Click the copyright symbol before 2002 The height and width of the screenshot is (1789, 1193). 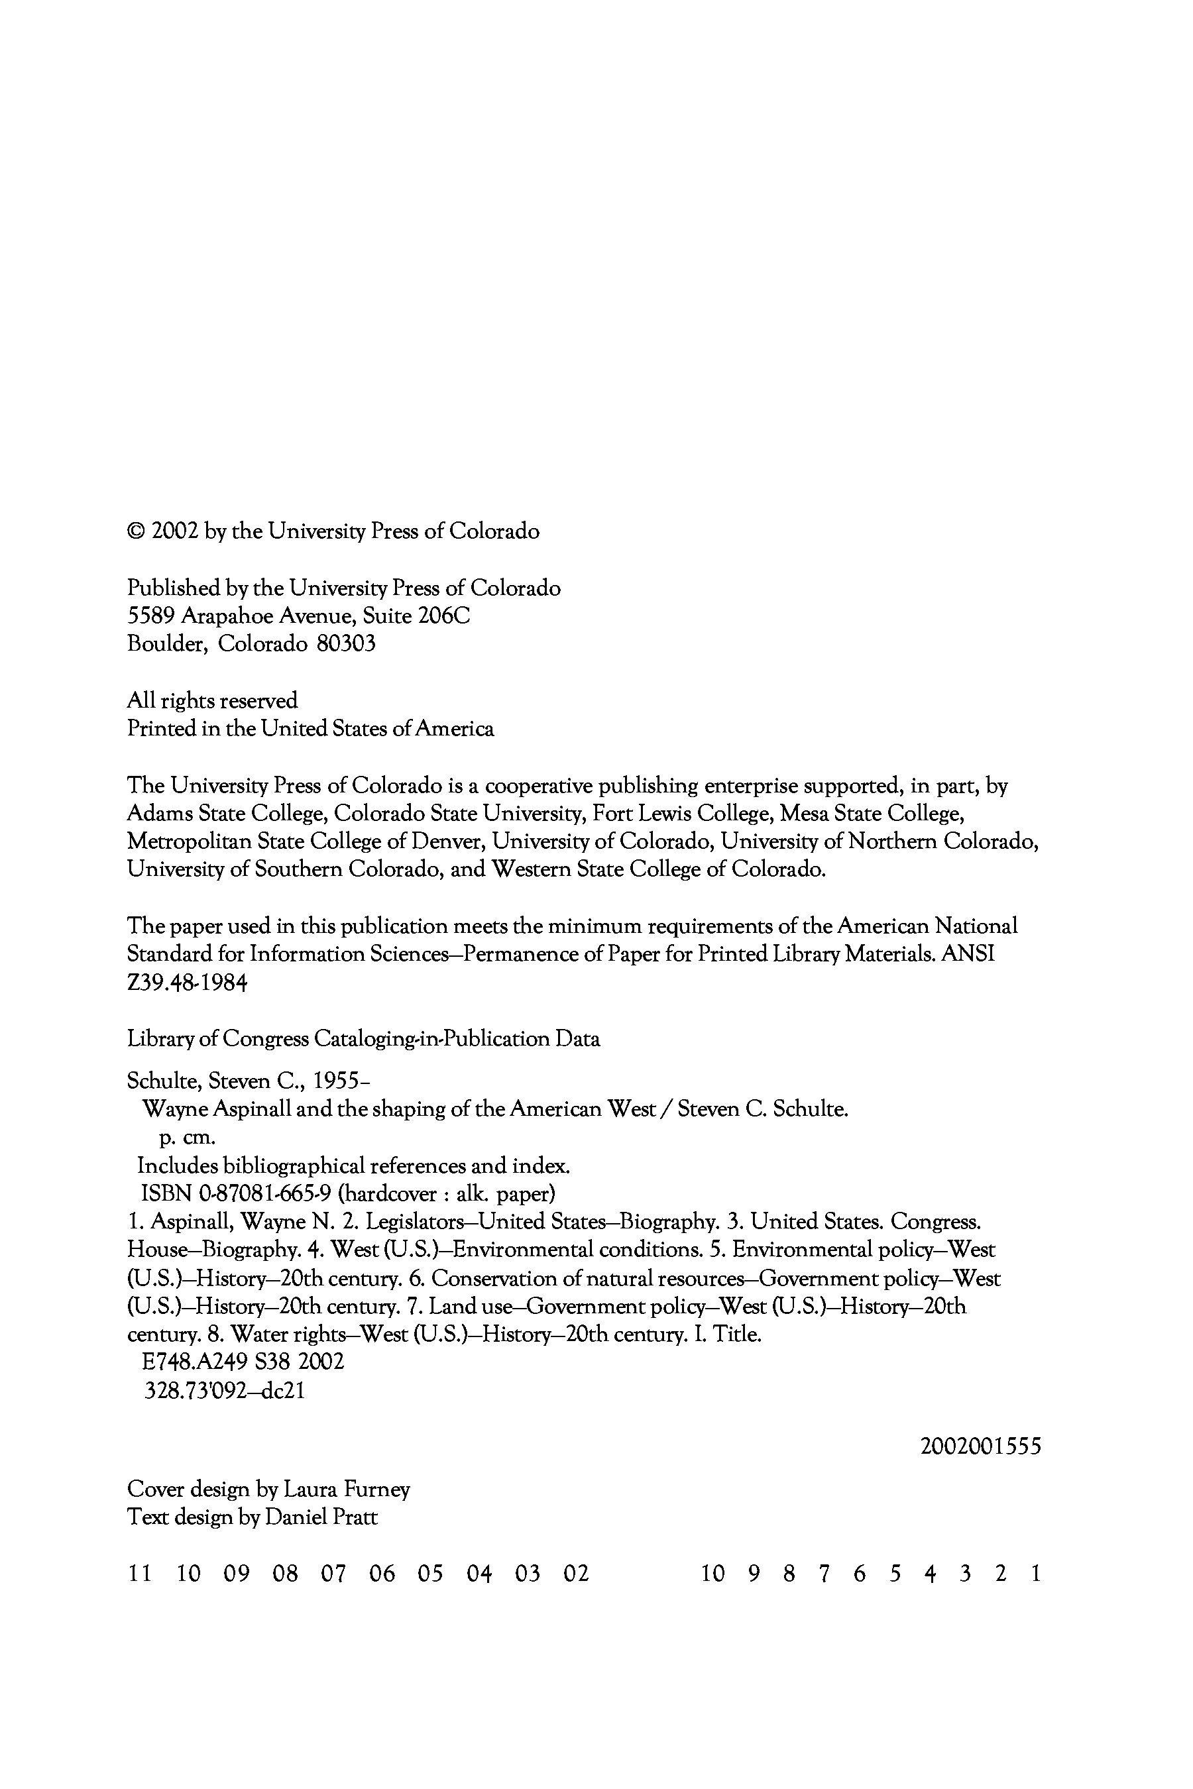point(135,531)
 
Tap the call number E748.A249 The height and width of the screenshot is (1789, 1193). point(197,1362)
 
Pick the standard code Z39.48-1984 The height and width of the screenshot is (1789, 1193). point(187,983)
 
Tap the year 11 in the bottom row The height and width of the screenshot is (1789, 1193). point(139,1573)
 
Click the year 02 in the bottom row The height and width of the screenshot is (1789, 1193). point(576,1573)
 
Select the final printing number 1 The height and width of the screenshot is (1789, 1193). point(1035,1573)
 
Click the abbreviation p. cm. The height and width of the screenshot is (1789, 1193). point(187,1138)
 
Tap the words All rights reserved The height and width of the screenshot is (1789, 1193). point(212,700)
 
